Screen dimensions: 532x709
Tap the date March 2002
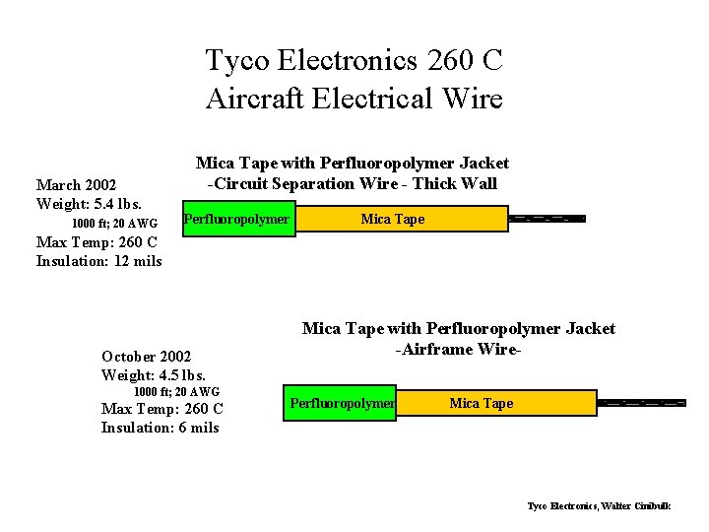(x=76, y=184)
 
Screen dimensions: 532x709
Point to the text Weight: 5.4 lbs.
(x=89, y=203)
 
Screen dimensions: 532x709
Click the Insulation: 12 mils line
(x=98, y=260)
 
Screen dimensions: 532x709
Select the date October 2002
(x=147, y=356)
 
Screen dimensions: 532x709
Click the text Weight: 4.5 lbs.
(x=154, y=374)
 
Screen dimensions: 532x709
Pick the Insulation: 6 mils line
(x=161, y=427)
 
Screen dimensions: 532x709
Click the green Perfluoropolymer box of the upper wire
(x=237, y=219)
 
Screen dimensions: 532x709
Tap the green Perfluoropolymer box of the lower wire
(x=340, y=403)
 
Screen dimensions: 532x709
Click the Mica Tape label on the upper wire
(x=393, y=219)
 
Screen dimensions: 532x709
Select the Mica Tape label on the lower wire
(x=482, y=403)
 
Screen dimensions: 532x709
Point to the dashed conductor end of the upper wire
(x=547, y=219)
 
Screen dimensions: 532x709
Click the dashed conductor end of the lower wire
(x=641, y=403)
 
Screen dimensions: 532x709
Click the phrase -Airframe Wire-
(x=458, y=349)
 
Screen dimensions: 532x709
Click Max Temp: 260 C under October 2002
(x=162, y=409)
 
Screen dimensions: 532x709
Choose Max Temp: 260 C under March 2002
(x=97, y=242)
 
